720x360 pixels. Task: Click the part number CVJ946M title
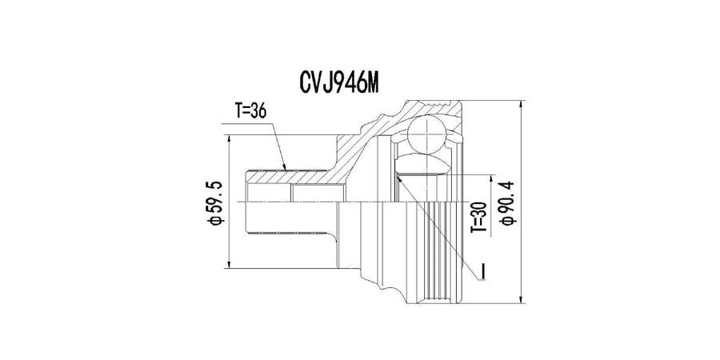pyautogui.click(x=339, y=83)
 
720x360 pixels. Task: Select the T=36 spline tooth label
pyautogui.click(x=250, y=110)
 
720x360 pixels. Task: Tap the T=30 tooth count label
pyautogui.click(x=479, y=217)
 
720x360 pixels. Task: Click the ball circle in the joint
pyautogui.click(x=426, y=134)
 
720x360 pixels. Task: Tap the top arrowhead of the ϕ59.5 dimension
pyautogui.click(x=228, y=139)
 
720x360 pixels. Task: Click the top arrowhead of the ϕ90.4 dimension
pyautogui.click(x=521, y=105)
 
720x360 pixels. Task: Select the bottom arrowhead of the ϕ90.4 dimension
pyautogui.click(x=521, y=298)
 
